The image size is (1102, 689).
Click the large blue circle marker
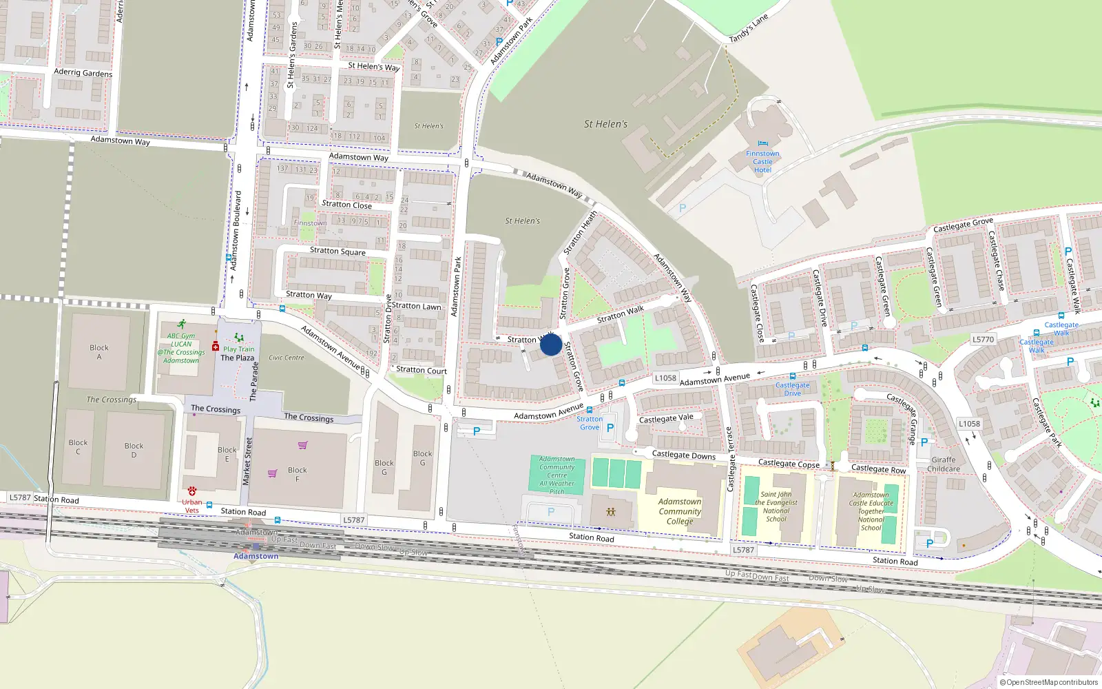point(550,344)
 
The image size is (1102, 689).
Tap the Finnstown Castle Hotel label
point(762,162)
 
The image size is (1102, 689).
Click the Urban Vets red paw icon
point(192,491)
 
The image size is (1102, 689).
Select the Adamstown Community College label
point(679,511)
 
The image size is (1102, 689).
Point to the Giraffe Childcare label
point(943,464)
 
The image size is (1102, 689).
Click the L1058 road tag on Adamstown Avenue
point(665,378)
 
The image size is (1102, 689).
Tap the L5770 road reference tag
point(983,339)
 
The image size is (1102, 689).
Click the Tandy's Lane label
point(749,29)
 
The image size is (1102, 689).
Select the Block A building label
point(99,352)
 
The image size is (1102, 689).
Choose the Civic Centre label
point(286,358)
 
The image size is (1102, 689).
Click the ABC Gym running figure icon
point(181,324)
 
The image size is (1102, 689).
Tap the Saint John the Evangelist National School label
point(776,506)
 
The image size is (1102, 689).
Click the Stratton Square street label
point(337,251)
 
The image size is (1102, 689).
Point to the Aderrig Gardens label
point(83,72)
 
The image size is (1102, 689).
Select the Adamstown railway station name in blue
point(256,556)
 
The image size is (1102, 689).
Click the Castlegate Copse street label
point(789,464)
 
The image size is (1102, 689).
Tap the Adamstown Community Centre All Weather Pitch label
point(557,475)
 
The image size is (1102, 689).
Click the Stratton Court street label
point(422,370)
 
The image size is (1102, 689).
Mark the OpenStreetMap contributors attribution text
point(1048,682)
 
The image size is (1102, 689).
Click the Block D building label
point(134,450)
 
